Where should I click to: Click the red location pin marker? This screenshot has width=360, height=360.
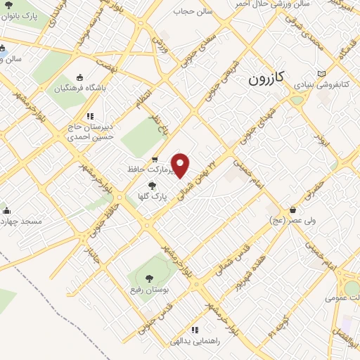pos(181,165)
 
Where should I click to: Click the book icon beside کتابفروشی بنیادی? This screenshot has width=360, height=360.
pos(323,73)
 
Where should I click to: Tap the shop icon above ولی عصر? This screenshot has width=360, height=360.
pos(292,210)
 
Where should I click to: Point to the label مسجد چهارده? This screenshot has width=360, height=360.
pos(21,221)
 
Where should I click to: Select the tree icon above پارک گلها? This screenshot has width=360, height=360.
pos(152,186)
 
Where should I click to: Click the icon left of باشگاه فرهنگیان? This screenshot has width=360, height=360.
pos(80,77)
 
